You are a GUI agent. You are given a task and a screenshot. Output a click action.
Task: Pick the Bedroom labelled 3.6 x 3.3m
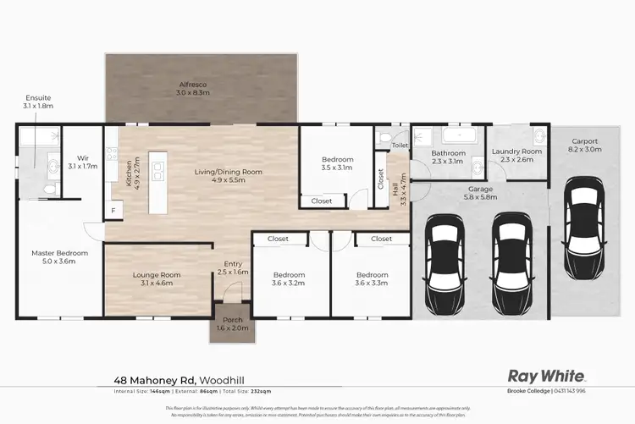(372, 275)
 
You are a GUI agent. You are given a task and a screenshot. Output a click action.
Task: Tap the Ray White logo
(545, 375)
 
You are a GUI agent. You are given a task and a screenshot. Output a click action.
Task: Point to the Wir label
(83, 157)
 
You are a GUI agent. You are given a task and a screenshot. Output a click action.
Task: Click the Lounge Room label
(157, 275)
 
